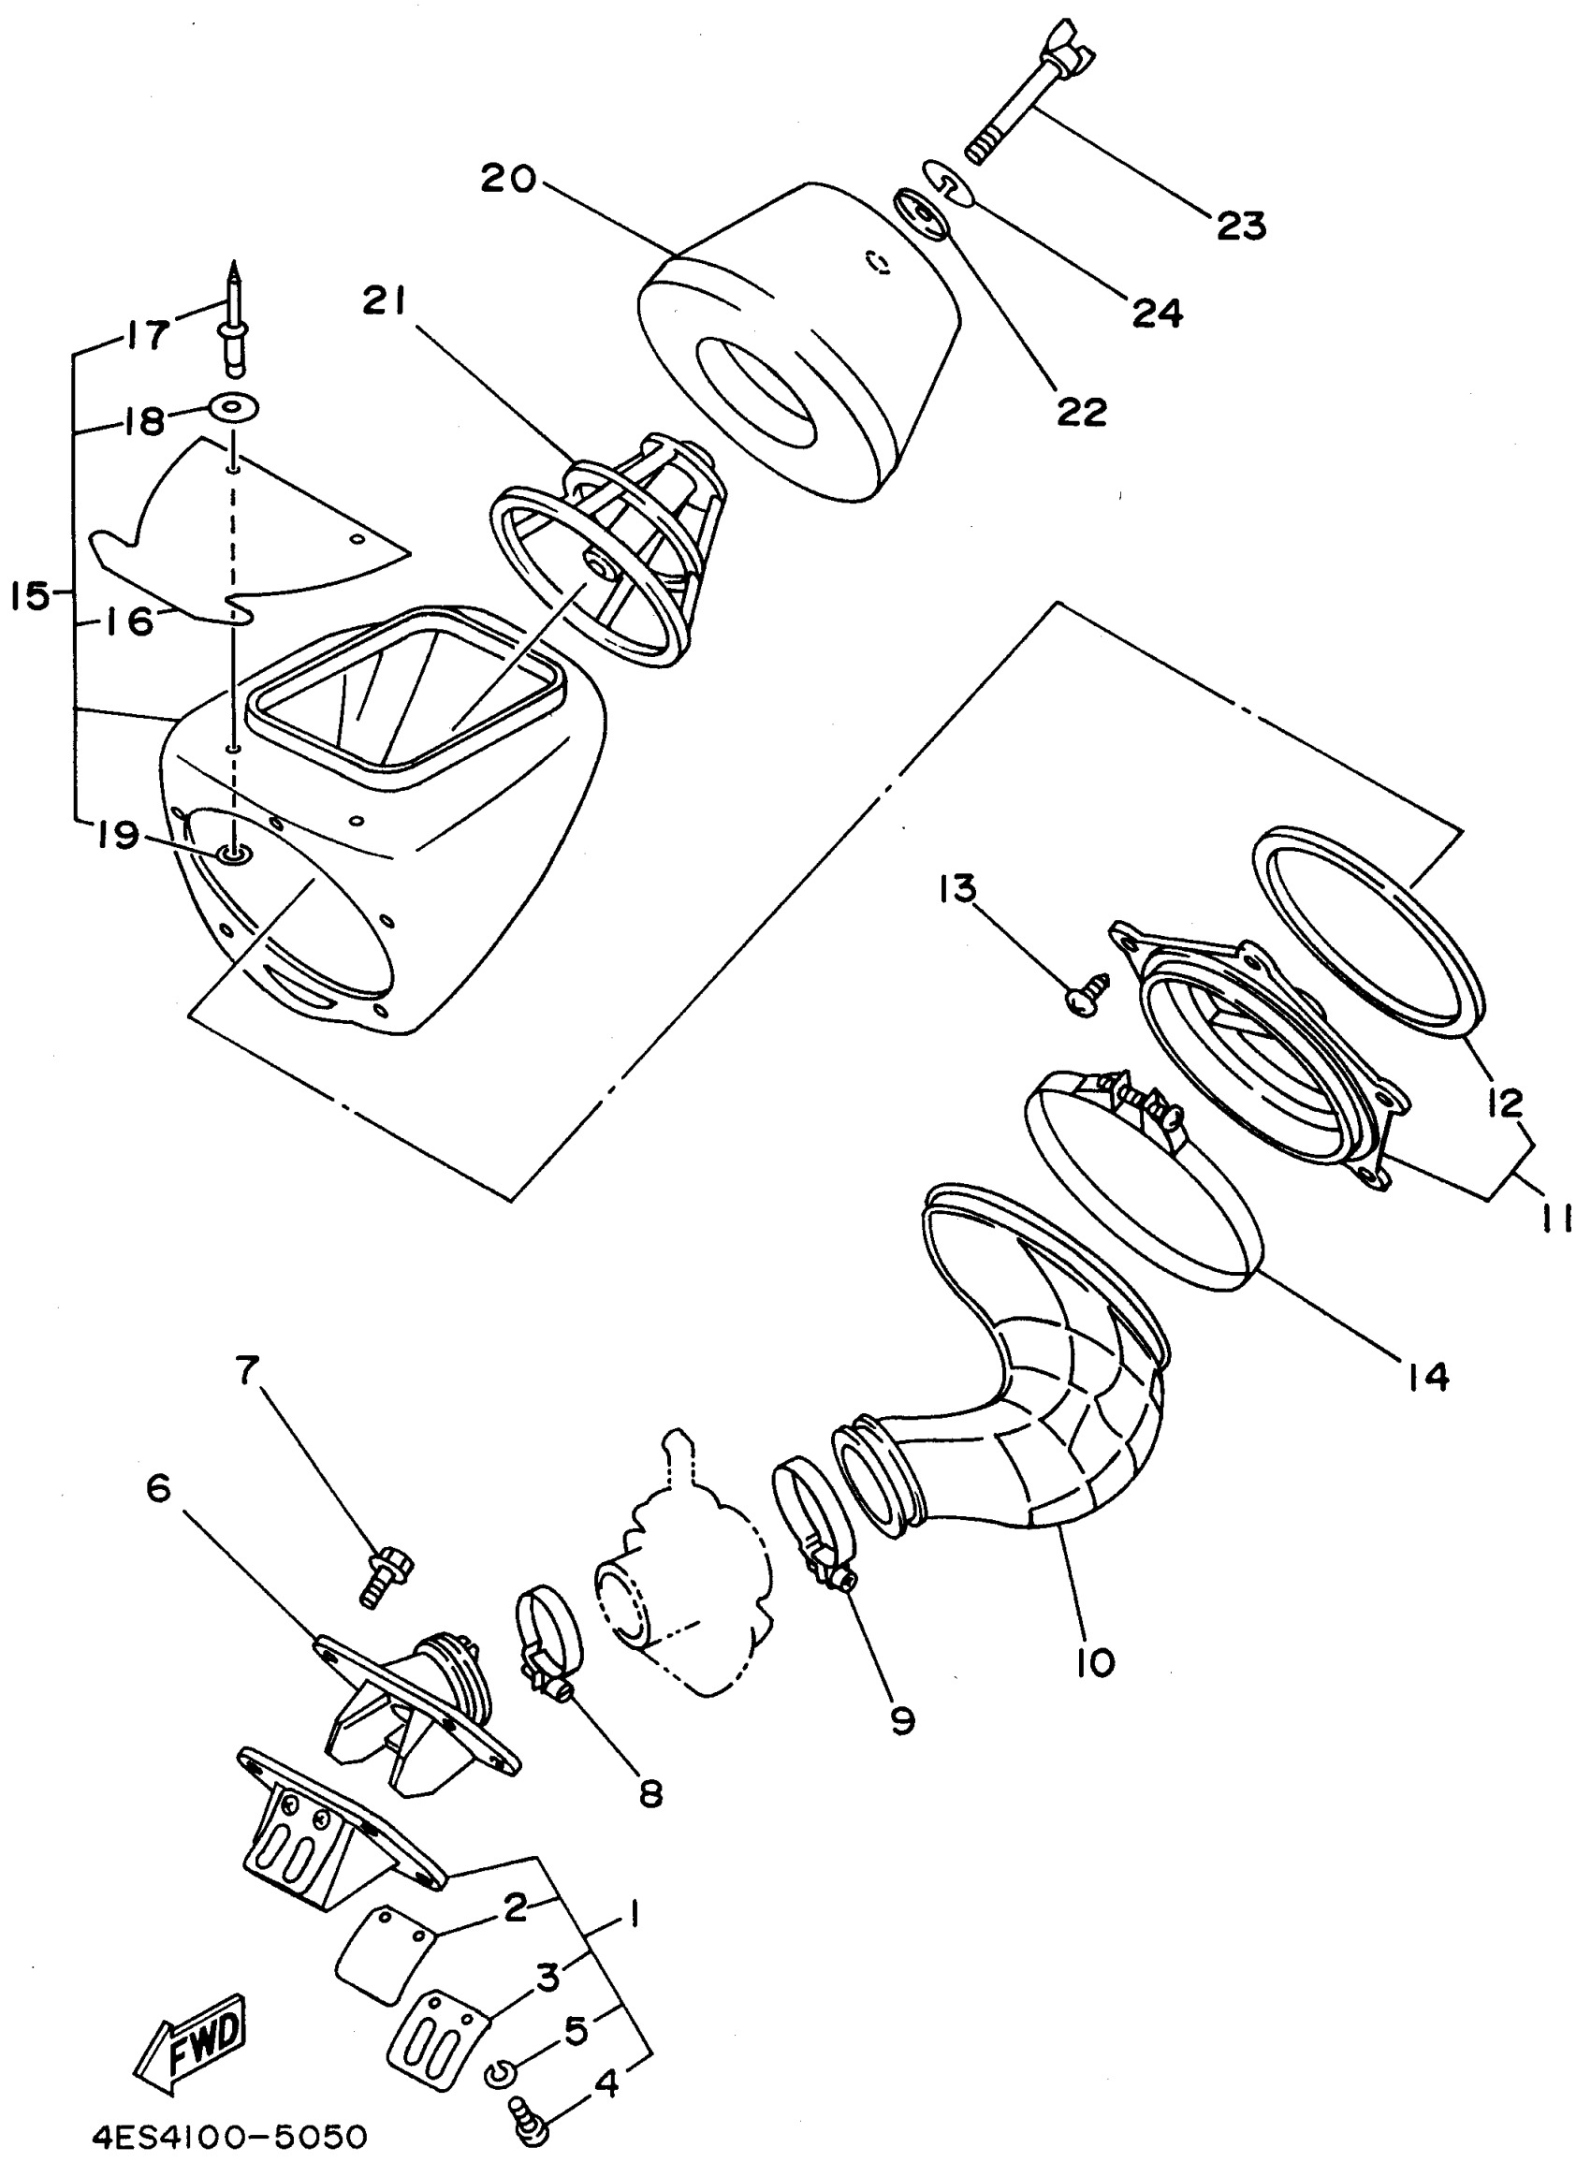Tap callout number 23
pos(1240,226)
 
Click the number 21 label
pos(385,301)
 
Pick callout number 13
pos(958,888)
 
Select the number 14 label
pos(1427,1376)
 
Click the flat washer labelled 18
pos(234,408)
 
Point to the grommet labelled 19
pos(232,854)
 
